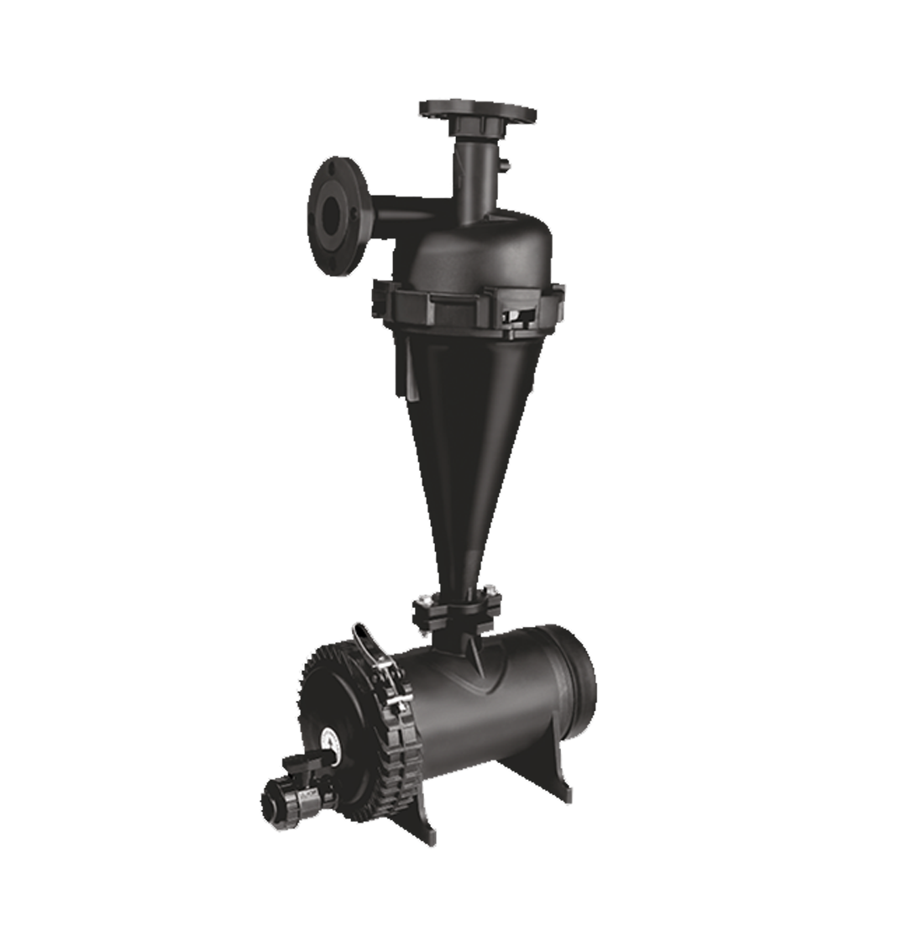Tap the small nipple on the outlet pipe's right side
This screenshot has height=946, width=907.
508,171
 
